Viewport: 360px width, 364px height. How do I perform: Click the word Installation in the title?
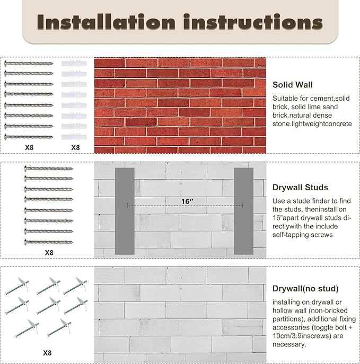pos(106,22)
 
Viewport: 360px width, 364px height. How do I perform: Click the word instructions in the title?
pos(253,22)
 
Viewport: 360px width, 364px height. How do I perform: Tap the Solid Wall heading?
pos(293,85)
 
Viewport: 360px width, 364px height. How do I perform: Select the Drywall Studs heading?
pos(300,188)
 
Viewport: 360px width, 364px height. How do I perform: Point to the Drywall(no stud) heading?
pos(305,289)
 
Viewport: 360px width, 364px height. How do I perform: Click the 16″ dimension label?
pos(187,201)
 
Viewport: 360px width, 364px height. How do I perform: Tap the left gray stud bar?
pos(125,211)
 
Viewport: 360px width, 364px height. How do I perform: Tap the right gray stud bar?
pos(243,211)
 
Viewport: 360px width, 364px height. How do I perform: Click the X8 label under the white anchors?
pos(75,147)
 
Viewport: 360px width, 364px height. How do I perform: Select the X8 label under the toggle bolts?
pos(47,353)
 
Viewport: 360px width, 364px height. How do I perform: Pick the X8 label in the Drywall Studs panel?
pos(49,253)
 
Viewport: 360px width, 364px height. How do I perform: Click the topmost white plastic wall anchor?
pos(74,64)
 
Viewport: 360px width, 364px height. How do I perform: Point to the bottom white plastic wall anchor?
pos(74,137)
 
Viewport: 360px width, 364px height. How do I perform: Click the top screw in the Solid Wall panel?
pos(29,63)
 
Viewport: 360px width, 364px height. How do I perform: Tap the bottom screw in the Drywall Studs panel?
pos(49,242)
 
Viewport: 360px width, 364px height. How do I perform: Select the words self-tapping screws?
pos(303,235)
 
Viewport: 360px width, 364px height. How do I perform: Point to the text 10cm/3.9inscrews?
pos(302,336)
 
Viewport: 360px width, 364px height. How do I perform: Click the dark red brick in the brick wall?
pos(141,122)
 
